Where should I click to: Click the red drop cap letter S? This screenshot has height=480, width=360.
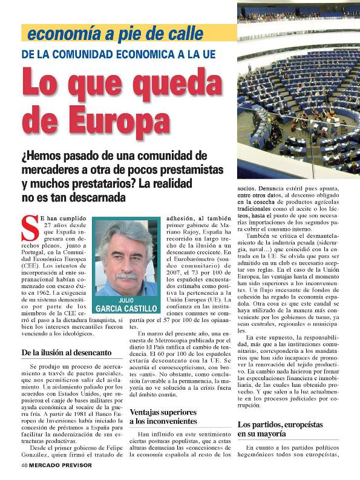(x=30, y=229)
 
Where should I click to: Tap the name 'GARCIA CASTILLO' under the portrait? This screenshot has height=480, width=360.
(x=125, y=309)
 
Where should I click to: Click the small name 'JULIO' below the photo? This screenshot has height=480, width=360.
(x=125, y=300)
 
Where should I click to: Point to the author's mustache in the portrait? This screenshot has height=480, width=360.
(x=126, y=276)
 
